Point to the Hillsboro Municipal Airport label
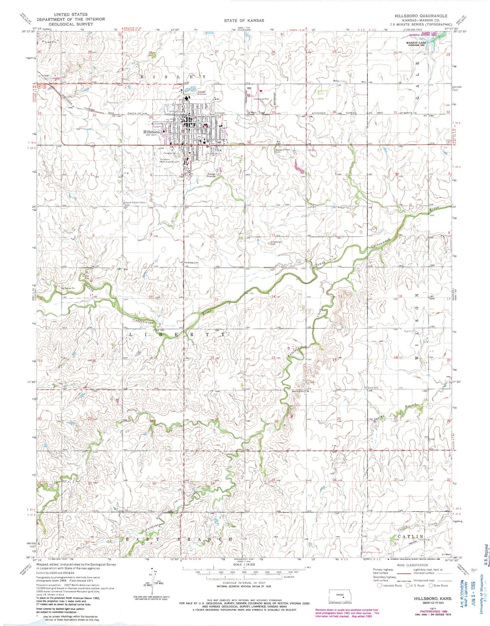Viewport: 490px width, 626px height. point(170,161)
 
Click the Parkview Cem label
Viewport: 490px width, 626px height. point(191,262)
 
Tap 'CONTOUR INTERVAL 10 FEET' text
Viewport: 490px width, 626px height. point(243,585)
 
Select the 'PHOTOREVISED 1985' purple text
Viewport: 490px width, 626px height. point(433,611)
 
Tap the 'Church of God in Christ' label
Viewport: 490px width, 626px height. point(135,202)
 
